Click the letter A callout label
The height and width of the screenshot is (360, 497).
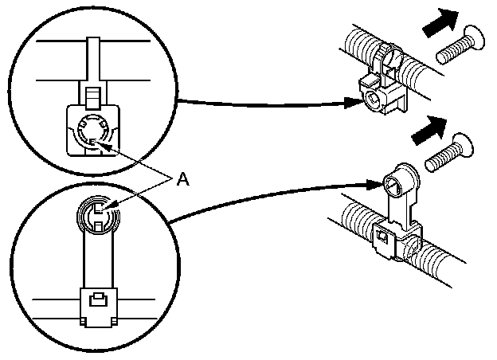[182, 181]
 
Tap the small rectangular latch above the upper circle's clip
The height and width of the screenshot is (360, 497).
[91, 97]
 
